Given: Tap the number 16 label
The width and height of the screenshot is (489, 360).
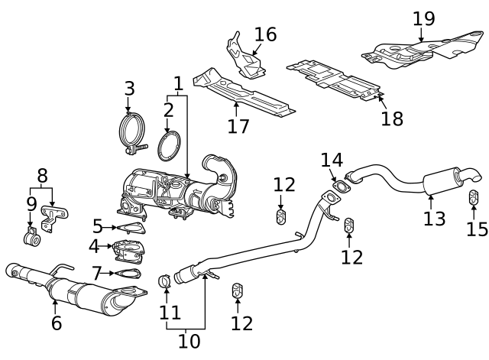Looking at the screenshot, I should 265,34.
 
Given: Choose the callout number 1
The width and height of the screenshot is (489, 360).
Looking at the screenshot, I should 178,83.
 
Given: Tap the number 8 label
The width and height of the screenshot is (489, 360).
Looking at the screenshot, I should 42,175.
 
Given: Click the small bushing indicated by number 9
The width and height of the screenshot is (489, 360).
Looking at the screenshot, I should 32,238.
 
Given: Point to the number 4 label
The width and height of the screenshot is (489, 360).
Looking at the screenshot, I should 93,246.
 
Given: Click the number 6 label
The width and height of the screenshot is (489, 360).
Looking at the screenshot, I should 56,323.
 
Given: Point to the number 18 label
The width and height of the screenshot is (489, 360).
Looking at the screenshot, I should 392,118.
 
